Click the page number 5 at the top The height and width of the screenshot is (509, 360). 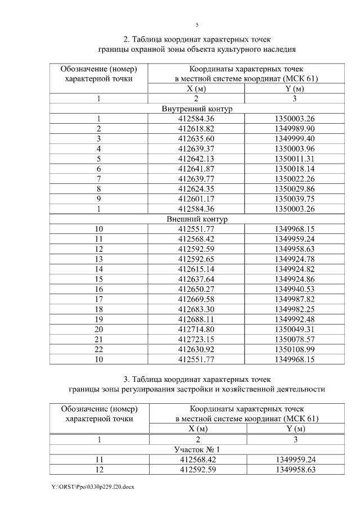coord(197,25)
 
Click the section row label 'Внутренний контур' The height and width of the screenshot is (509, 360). coord(197,109)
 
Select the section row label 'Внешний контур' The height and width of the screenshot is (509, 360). coord(197,219)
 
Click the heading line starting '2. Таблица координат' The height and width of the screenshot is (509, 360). coord(197,39)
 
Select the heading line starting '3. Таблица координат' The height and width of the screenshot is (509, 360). coord(197,378)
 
